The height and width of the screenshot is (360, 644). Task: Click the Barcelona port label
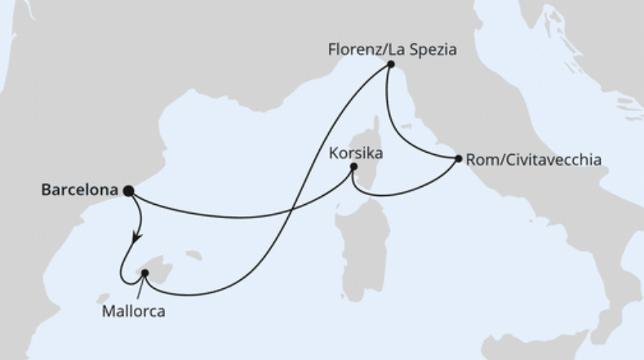pos(78,189)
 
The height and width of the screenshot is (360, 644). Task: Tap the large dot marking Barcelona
pos(128,190)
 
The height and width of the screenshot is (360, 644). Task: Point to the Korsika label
pos(357,153)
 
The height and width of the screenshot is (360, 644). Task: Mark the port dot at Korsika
pos(353,168)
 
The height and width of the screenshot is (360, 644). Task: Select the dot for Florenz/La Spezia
pos(391,64)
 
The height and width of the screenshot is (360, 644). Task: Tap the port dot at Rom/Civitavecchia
pos(458,158)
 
